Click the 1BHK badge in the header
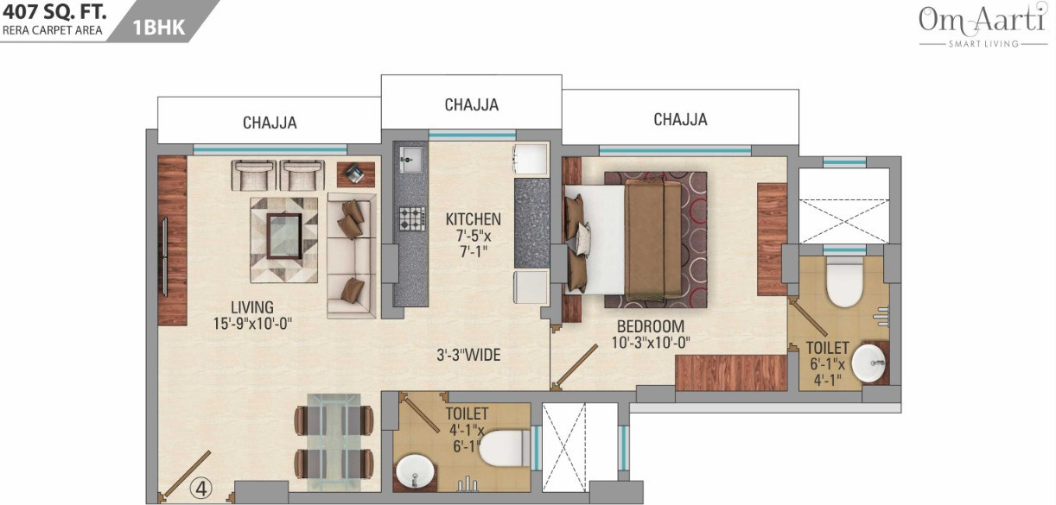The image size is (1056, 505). tap(158, 28)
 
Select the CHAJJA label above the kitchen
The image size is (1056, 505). tap(471, 105)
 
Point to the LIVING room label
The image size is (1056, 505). tap(251, 307)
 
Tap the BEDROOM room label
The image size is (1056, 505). tap(650, 326)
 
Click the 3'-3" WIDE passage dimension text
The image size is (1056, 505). tap(468, 355)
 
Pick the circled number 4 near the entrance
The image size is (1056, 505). tap(201, 488)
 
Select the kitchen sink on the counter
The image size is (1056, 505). tap(410, 159)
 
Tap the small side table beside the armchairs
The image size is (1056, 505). tap(355, 174)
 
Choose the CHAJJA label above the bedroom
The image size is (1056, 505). tap(680, 120)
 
